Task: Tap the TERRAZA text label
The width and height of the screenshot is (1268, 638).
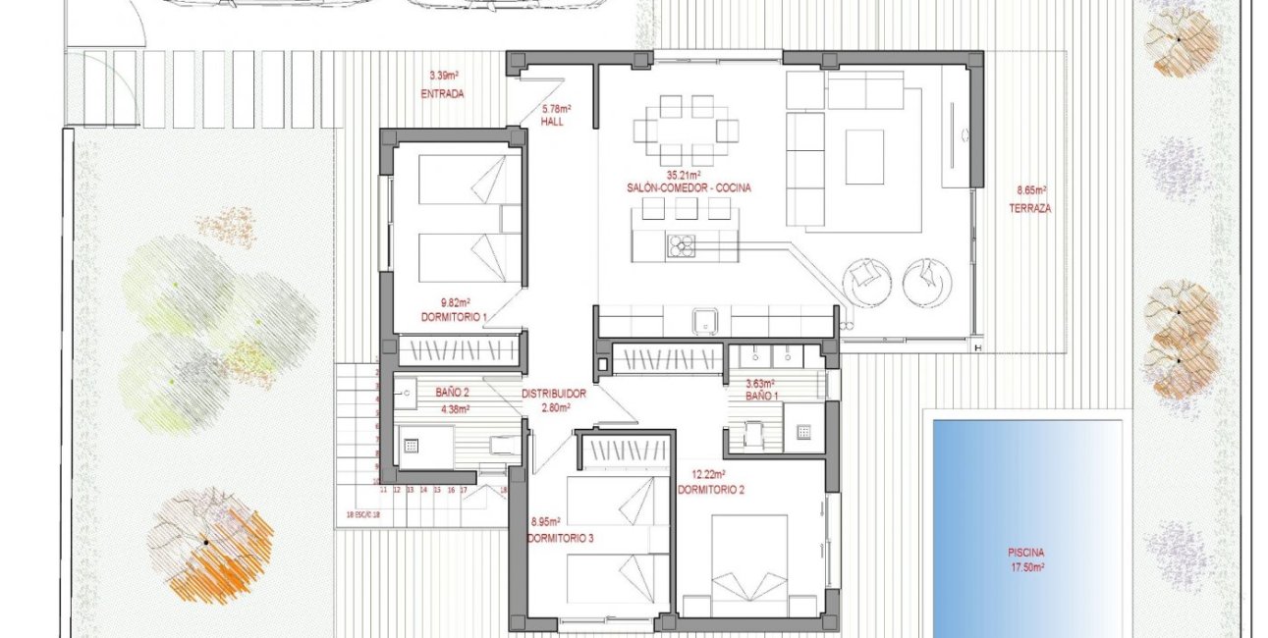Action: click(x=1029, y=209)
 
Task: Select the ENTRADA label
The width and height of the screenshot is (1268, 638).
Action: click(x=442, y=94)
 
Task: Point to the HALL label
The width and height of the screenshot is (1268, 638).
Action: click(x=554, y=122)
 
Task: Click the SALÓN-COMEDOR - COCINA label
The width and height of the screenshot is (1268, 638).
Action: click(x=688, y=187)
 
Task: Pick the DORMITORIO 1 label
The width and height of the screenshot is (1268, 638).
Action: click(x=454, y=316)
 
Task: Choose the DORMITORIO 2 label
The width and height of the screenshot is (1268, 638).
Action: click(x=711, y=488)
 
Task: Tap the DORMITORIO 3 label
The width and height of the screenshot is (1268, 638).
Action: click(x=560, y=538)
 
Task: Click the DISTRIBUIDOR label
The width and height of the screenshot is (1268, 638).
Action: click(x=554, y=394)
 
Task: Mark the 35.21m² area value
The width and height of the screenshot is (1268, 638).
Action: click(x=688, y=175)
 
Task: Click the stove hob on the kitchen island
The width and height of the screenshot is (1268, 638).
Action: click(x=681, y=245)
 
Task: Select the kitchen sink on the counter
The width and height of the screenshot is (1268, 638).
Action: click(x=703, y=319)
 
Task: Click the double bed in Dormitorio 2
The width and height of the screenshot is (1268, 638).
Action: click(x=748, y=559)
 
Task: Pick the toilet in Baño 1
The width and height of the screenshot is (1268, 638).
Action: click(x=754, y=434)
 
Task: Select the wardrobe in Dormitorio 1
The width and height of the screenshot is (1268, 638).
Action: click(x=458, y=350)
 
